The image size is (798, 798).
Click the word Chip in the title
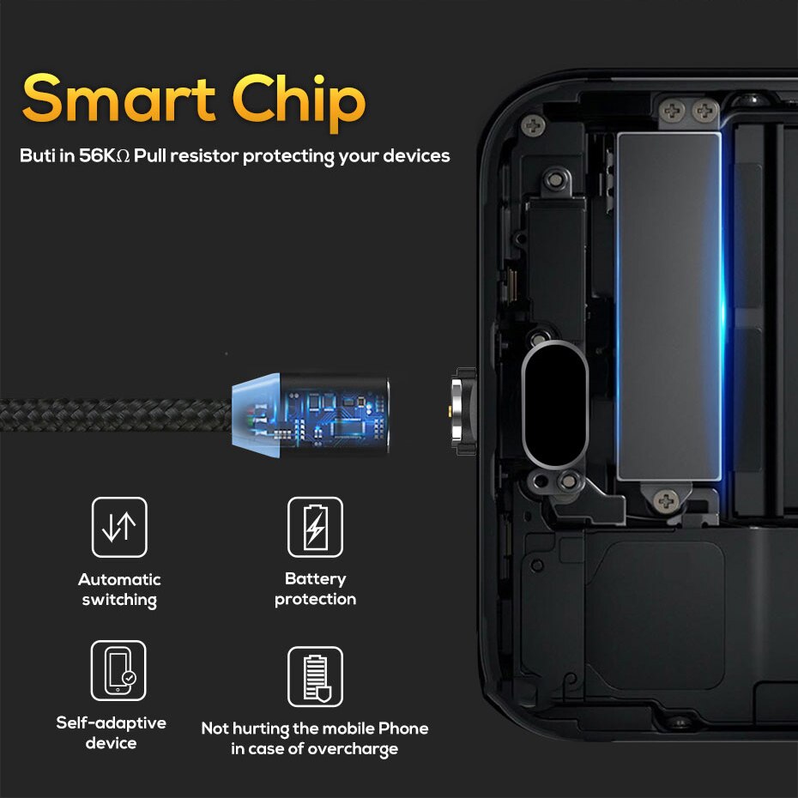click(299, 103)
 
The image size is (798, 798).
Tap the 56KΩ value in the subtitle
click(105, 155)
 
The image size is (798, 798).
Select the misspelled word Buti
click(38, 155)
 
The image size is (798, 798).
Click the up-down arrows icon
click(119, 527)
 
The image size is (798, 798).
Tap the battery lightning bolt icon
click(316, 527)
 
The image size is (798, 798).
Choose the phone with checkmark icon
click(118, 670)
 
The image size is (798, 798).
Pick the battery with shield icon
click(316, 677)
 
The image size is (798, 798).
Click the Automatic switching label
click(119, 589)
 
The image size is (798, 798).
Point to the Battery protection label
click(316, 589)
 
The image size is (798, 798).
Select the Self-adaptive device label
click(111, 733)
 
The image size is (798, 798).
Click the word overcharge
click(353, 750)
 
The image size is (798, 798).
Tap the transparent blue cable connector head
click(311, 414)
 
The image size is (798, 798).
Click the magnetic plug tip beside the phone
click(462, 411)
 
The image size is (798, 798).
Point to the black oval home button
click(555, 405)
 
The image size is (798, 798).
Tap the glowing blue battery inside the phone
click(668, 306)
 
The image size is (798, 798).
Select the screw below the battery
click(666, 501)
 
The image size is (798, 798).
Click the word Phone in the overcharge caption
click(403, 728)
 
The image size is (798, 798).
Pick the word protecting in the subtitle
click(288, 156)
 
